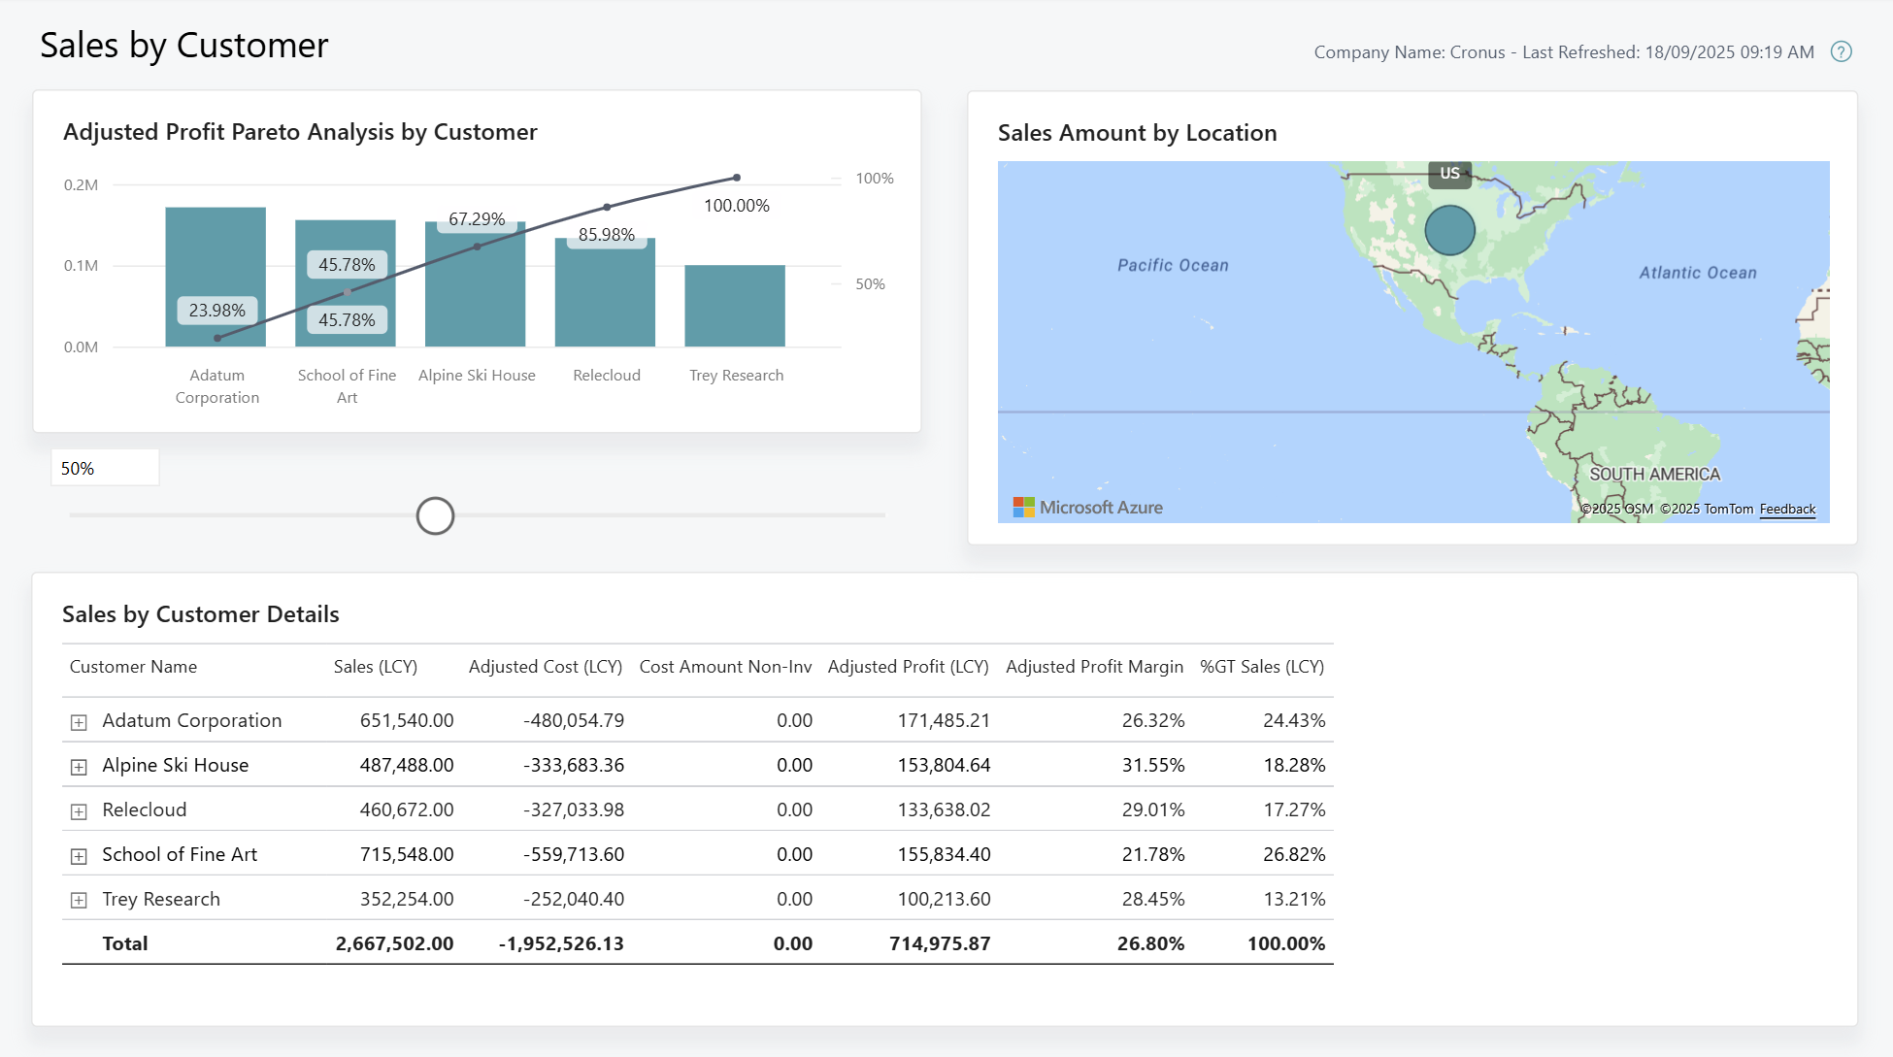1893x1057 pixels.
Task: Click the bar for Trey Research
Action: [735, 306]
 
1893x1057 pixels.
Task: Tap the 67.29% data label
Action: [476, 219]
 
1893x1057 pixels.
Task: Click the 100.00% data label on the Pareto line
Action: [736, 206]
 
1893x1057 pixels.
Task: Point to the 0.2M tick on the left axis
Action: [81, 184]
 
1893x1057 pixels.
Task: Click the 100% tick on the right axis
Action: [874, 179]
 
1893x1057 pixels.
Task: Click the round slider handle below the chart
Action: [435, 515]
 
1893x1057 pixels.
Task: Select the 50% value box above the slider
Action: [105, 468]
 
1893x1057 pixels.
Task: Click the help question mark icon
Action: [1841, 52]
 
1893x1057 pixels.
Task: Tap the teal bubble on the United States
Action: [1449, 230]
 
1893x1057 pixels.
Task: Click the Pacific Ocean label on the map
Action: [1172, 265]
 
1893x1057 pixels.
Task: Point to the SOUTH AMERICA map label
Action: [1654, 474]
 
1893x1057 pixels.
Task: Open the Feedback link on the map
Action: [1787, 509]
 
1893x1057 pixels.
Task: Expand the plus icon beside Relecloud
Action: [79, 811]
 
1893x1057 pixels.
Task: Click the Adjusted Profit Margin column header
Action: [1094, 667]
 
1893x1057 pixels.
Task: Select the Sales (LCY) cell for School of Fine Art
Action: [407, 854]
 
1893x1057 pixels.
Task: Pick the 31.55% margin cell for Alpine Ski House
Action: [1152, 765]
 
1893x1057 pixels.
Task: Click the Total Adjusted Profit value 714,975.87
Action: [939, 943]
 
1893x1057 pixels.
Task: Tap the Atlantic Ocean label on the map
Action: [1697, 273]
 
